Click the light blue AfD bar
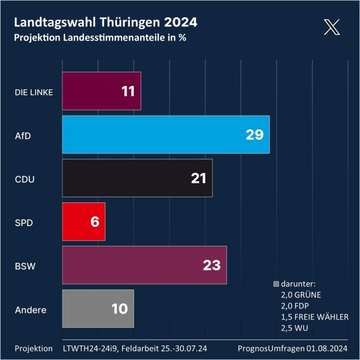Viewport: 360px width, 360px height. pyautogui.click(x=166, y=134)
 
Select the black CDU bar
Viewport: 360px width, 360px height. pyautogui.click(x=137, y=178)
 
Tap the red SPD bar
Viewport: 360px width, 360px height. pyautogui.click(x=83, y=222)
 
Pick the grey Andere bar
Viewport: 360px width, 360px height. pyautogui.click(x=98, y=309)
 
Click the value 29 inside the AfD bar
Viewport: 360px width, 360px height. pyautogui.click(x=254, y=134)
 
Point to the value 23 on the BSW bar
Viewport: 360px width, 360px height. pyautogui.click(x=211, y=265)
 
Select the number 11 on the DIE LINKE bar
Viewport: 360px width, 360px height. pyautogui.click(x=128, y=91)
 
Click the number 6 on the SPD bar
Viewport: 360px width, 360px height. pyautogui.click(x=94, y=222)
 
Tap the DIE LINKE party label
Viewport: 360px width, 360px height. pyautogui.click(x=34, y=92)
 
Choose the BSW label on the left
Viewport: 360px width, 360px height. pyautogui.click(x=25, y=265)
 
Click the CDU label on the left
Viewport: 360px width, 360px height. pyautogui.click(x=25, y=179)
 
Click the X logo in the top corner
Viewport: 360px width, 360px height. pyautogui.click(x=332, y=26)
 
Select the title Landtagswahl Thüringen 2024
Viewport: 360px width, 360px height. pyautogui.click(x=105, y=22)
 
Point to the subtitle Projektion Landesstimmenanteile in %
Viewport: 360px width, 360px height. pyautogui.click(x=100, y=38)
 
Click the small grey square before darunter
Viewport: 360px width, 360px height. pyautogui.click(x=276, y=283)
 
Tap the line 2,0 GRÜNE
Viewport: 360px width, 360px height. pyautogui.click(x=300, y=294)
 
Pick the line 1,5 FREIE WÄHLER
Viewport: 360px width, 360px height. pyautogui.click(x=314, y=317)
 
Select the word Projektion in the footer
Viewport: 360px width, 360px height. pyautogui.click(x=34, y=348)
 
